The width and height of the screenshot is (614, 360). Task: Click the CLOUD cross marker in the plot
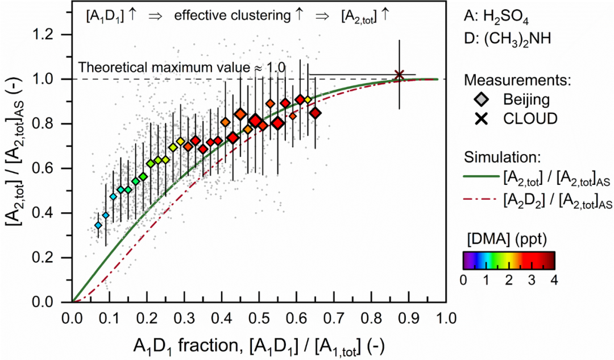coord(399,75)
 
